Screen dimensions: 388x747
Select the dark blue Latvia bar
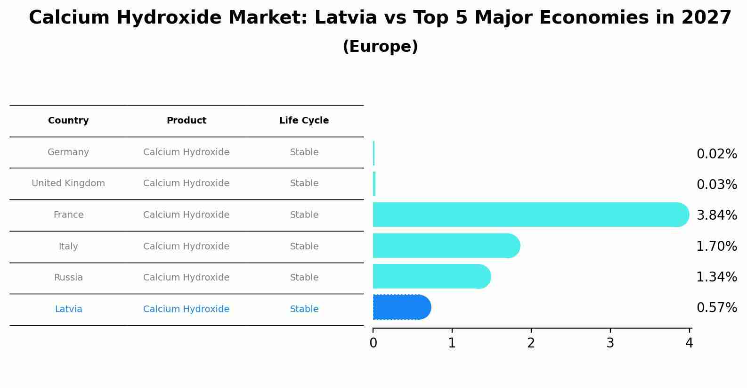click(x=400, y=307)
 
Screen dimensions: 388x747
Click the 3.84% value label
click(x=716, y=215)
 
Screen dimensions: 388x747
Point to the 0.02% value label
click(x=716, y=154)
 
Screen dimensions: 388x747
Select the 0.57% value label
click(x=716, y=308)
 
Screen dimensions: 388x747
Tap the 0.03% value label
click(x=716, y=185)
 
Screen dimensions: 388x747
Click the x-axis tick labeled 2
click(x=531, y=343)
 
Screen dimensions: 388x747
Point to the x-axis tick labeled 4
click(x=689, y=343)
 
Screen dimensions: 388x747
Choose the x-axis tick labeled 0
click(x=373, y=343)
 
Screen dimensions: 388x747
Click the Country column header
click(x=68, y=121)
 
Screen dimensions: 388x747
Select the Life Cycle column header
click(x=304, y=121)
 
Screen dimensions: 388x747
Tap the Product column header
click(x=187, y=121)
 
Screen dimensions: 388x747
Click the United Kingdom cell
click(x=68, y=183)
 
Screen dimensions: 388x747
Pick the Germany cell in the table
click(x=68, y=152)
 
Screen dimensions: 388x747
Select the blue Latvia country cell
click(x=68, y=309)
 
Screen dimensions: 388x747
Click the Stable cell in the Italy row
click(x=304, y=247)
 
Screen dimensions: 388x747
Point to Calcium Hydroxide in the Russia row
click(x=187, y=278)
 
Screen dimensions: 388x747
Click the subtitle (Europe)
click(x=380, y=47)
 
